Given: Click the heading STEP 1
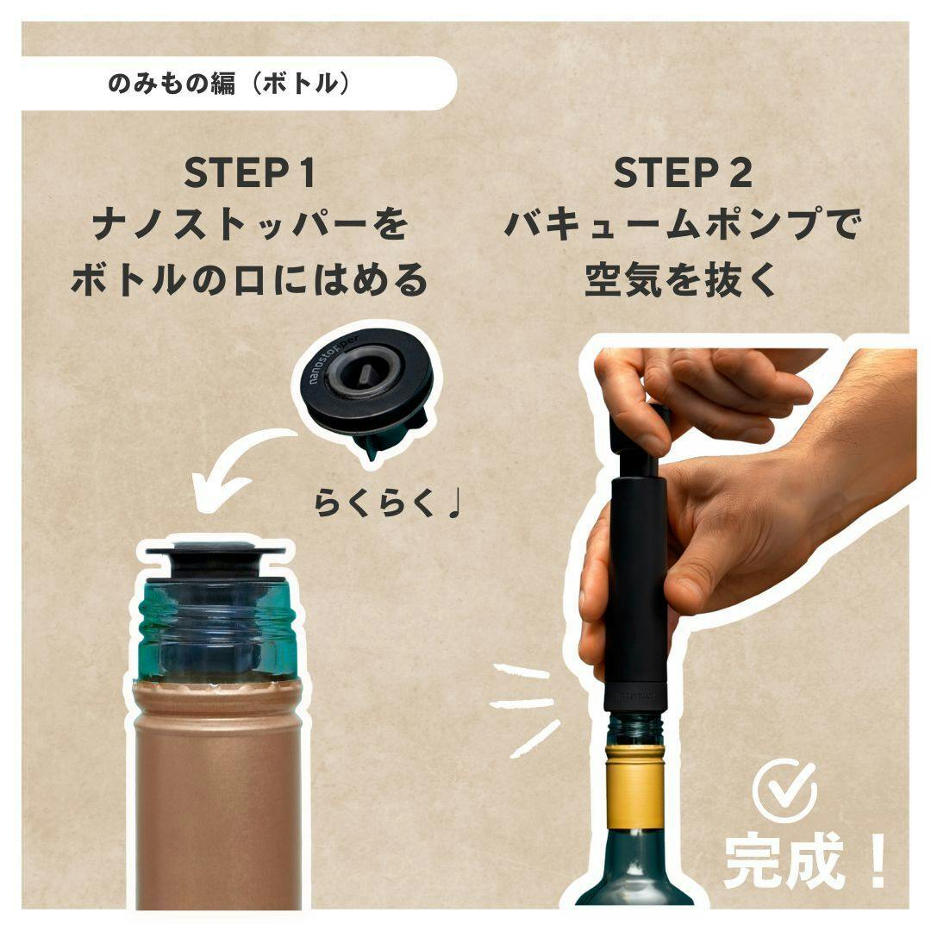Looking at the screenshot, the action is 249,172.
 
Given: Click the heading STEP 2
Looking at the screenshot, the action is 683,172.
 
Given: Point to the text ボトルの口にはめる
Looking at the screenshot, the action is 249,279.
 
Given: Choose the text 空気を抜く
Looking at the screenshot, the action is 682,279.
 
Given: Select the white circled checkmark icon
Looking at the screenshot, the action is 784,790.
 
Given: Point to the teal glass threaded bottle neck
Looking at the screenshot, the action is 216,633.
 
